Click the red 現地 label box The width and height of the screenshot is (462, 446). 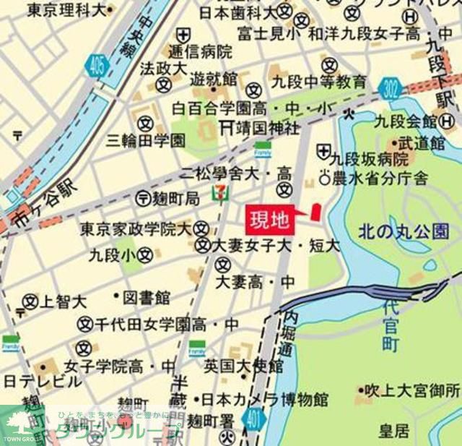271,218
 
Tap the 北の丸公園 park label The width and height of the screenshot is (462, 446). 404,231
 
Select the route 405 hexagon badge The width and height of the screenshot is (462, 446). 97,67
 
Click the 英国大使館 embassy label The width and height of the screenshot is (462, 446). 243,365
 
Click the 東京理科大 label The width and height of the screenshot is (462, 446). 66,10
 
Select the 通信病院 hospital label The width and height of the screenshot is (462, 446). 200,51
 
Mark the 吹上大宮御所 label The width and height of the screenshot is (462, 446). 411,391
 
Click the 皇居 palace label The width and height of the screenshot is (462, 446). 393,431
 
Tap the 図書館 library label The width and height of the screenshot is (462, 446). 147,297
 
